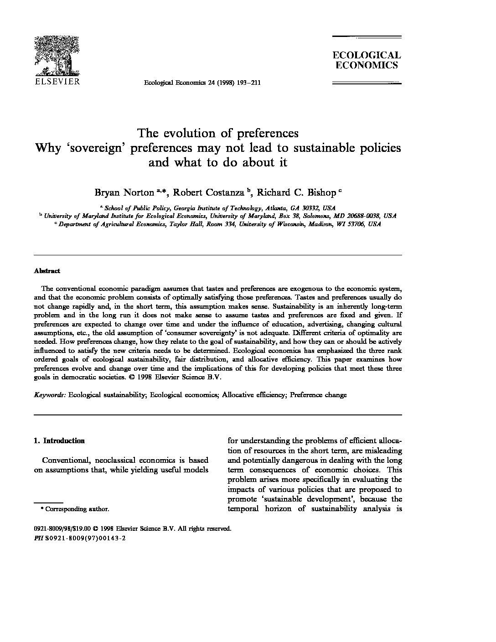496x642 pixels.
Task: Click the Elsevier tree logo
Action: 57,56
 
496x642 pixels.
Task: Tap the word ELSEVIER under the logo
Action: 57,82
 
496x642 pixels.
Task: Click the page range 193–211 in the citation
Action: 249,83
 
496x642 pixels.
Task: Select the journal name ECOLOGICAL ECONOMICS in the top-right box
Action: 367,60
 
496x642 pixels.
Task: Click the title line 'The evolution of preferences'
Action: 218,133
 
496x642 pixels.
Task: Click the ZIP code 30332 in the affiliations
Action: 310,207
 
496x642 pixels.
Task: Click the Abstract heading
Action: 47,271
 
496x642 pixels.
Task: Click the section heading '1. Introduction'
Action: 59,441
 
